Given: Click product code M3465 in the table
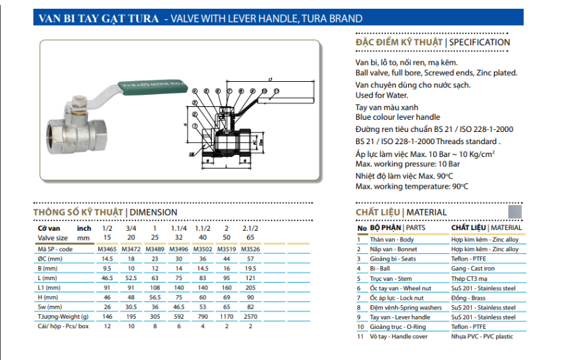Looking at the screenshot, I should pos(108,249).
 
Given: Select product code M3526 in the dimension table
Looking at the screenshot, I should pos(251,249).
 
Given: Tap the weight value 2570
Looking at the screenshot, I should pos(251,315).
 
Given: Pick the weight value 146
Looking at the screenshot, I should pos(108,315).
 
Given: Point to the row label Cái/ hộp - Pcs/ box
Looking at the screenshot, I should pos(63,325).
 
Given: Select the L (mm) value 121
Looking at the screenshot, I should pos(251,277).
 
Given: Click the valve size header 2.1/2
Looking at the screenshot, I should pos(251,229).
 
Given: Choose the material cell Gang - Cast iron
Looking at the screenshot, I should pos(474,269).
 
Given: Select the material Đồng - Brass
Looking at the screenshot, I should pos(468,298).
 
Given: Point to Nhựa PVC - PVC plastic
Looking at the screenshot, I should pos(482,336).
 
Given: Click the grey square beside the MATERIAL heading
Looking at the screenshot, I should pos(515,211).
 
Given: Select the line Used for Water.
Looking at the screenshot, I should pos(384,95).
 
